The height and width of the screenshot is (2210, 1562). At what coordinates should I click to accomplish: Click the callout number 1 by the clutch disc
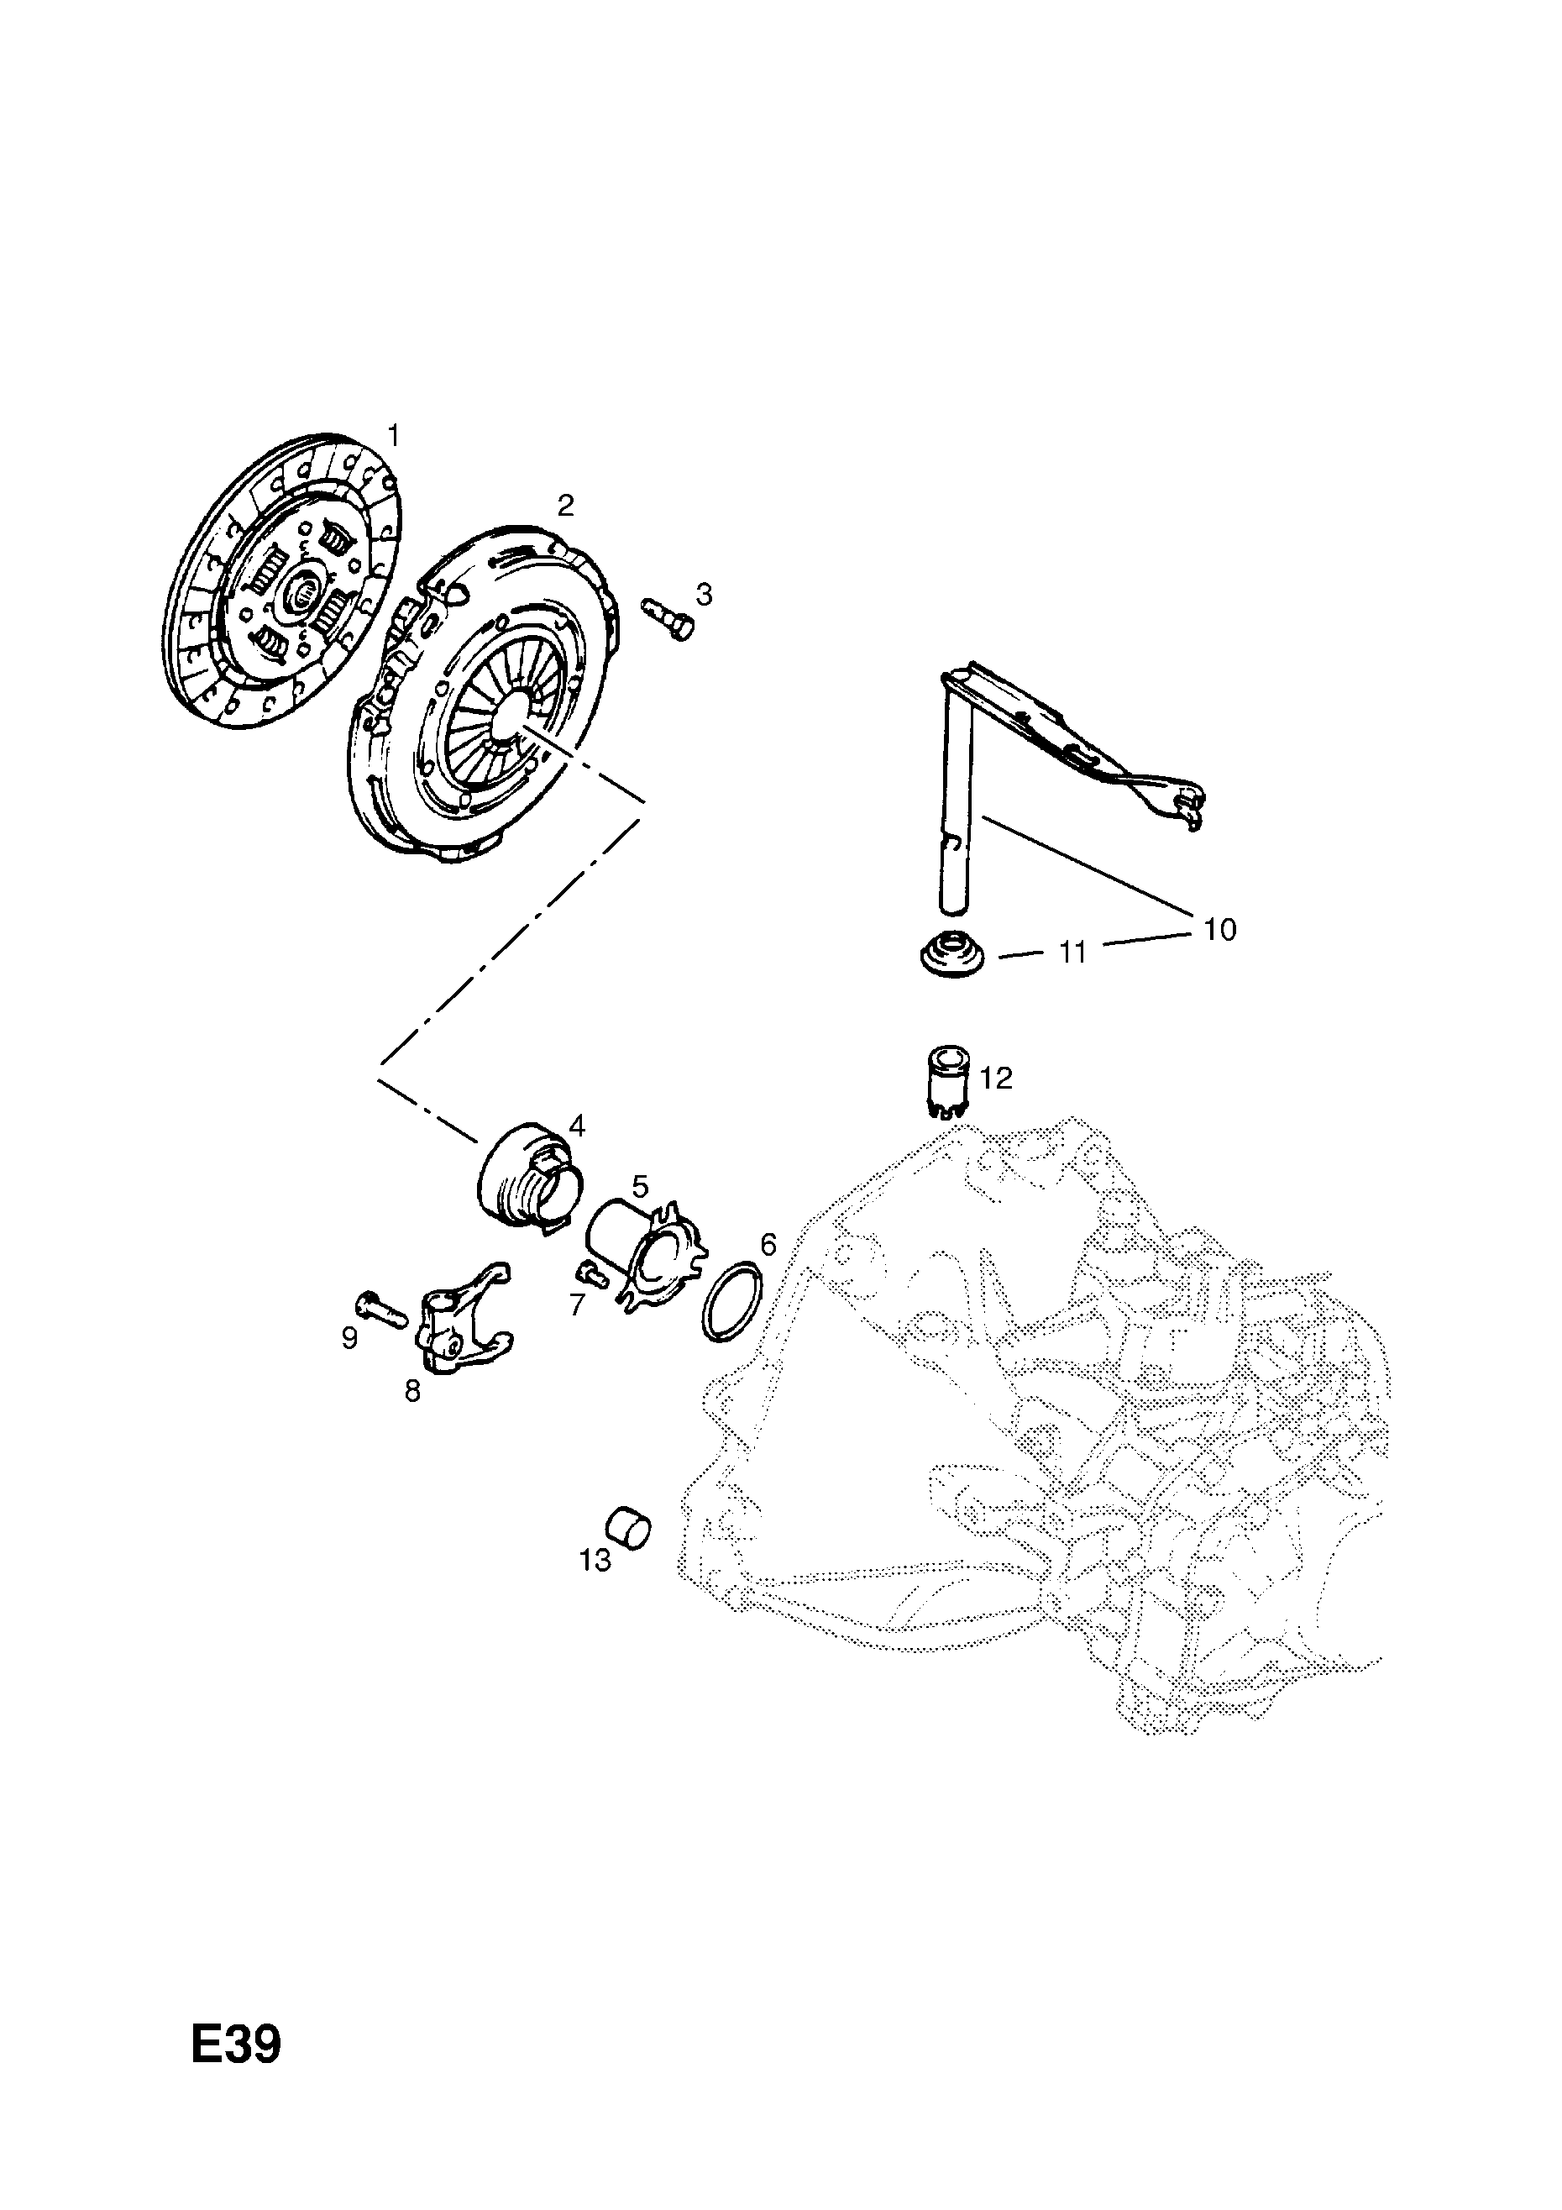[393, 435]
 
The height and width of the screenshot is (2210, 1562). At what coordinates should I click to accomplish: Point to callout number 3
[705, 595]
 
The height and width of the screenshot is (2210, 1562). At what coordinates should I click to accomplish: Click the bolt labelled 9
[382, 1307]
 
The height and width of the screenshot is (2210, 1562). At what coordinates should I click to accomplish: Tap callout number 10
[1219, 930]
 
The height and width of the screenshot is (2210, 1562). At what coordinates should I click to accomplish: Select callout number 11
[1072, 953]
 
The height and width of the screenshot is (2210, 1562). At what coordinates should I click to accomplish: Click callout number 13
[595, 1561]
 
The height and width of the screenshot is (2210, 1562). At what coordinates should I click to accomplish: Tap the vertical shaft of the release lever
[957, 799]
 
